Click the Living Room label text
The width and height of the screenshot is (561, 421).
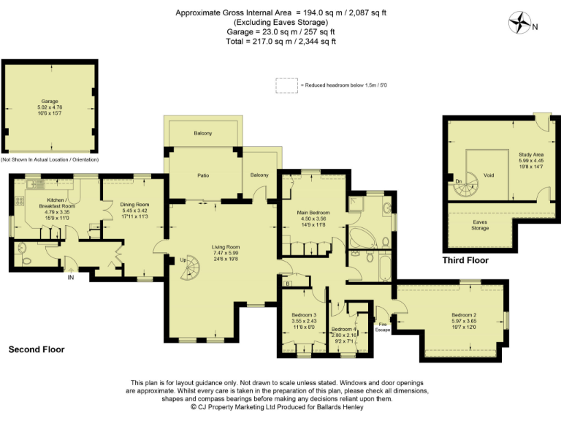226,247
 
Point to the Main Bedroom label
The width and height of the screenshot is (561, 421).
312,213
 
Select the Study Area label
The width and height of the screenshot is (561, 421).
530,154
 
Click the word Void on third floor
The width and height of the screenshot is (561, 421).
489,175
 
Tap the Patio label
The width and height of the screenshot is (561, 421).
203,175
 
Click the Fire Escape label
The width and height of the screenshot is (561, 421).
383,326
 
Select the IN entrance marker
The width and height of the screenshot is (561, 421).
71,278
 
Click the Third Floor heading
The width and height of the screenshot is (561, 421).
465,260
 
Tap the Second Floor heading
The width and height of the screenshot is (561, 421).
37,350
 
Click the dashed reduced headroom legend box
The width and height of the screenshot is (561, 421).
286,86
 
